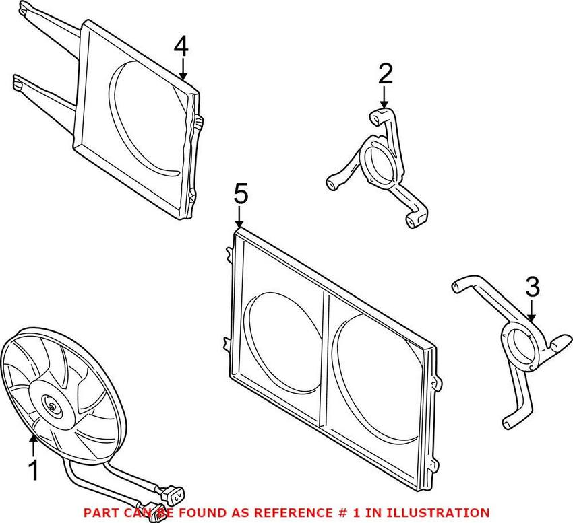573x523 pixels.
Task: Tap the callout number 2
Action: coord(384,73)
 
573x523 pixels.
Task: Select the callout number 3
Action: coord(533,287)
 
